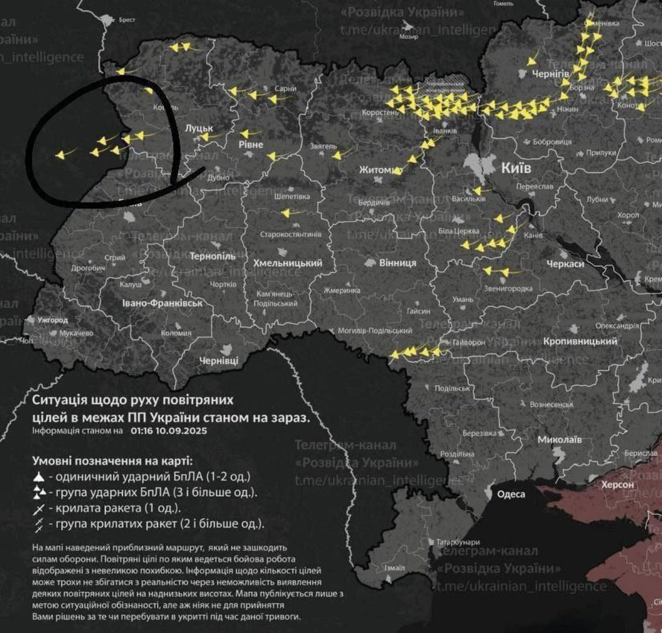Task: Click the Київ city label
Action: pos(516,168)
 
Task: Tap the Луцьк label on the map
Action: pos(199,128)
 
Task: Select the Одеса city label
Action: pos(511,494)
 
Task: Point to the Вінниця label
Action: pos(397,263)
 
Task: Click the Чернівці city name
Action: pos(218,361)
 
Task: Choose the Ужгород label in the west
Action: pos(52,320)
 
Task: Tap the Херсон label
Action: pos(618,485)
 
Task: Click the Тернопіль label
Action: pos(212,256)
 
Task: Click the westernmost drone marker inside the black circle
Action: pos(60,155)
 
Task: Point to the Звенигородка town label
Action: pos(507,289)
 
